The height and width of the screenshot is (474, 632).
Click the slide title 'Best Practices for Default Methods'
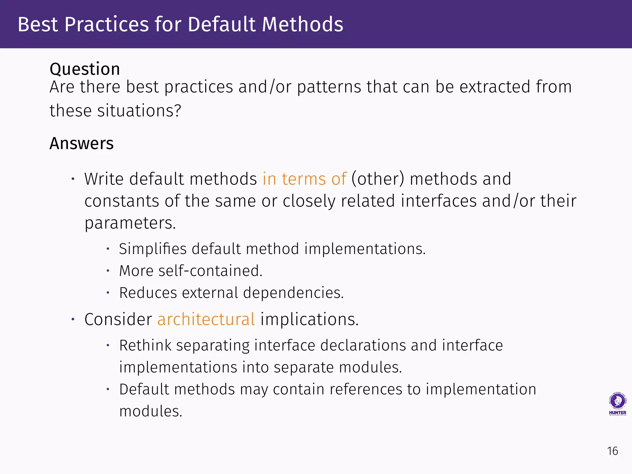pos(181,24)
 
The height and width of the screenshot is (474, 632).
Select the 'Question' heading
pos(85,69)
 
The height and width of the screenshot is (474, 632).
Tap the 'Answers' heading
pos(81,143)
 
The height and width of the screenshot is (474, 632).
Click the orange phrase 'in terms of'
pos(305,179)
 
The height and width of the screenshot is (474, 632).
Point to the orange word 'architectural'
pos(206,319)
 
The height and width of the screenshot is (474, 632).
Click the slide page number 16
pos(613,451)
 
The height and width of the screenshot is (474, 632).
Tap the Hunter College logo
pos(617,404)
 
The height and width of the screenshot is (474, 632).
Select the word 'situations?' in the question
pos(139,111)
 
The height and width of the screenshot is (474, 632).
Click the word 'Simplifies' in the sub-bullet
pos(152,249)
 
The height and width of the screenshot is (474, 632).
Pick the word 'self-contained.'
pos(210,271)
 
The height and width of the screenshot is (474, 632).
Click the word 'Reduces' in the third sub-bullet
pos(148,293)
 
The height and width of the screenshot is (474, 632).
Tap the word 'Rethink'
pos(145,345)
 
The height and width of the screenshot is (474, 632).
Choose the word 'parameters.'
pos(130,223)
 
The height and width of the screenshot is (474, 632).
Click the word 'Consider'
pos(118,319)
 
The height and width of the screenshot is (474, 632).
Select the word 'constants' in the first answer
pos(122,201)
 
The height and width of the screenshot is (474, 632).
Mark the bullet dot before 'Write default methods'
pos(73,179)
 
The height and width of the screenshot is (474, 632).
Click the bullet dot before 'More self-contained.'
pos(108,271)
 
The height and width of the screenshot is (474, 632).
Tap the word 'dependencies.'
pos(293,293)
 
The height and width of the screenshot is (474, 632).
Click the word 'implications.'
pos(310,319)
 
